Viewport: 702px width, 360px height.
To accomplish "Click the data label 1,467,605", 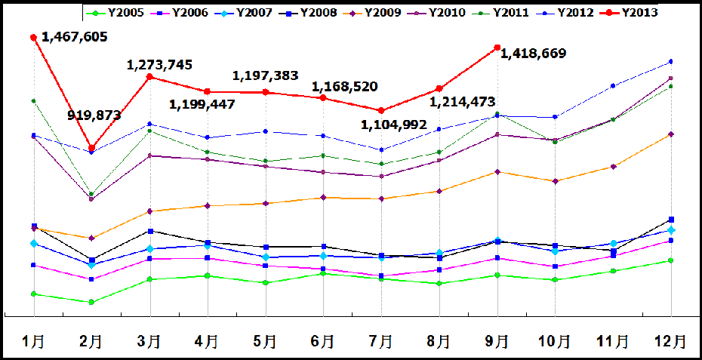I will (74, 37).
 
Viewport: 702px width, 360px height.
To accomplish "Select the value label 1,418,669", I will (533, 54).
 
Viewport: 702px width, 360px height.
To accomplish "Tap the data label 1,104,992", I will (393, 125).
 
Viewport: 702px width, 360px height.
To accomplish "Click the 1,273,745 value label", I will (159, 65).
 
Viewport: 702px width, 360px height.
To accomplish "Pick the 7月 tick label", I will (382, 341).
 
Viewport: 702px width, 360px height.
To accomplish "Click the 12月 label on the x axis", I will (670, 341).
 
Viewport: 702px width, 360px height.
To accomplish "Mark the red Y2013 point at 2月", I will (91, 148).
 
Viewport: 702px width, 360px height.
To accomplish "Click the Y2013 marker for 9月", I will (497, 48).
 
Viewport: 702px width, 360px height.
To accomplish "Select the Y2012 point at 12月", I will (670, 61).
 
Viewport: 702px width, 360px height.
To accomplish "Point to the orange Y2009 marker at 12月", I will (670, 134).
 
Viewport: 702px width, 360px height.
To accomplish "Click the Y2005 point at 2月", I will (91, 302).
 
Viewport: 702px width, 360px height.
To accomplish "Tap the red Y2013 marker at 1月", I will (33, 37).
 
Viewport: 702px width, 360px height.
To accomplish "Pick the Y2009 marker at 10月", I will (555, 181).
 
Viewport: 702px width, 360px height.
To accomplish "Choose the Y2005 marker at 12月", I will (670, 260).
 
